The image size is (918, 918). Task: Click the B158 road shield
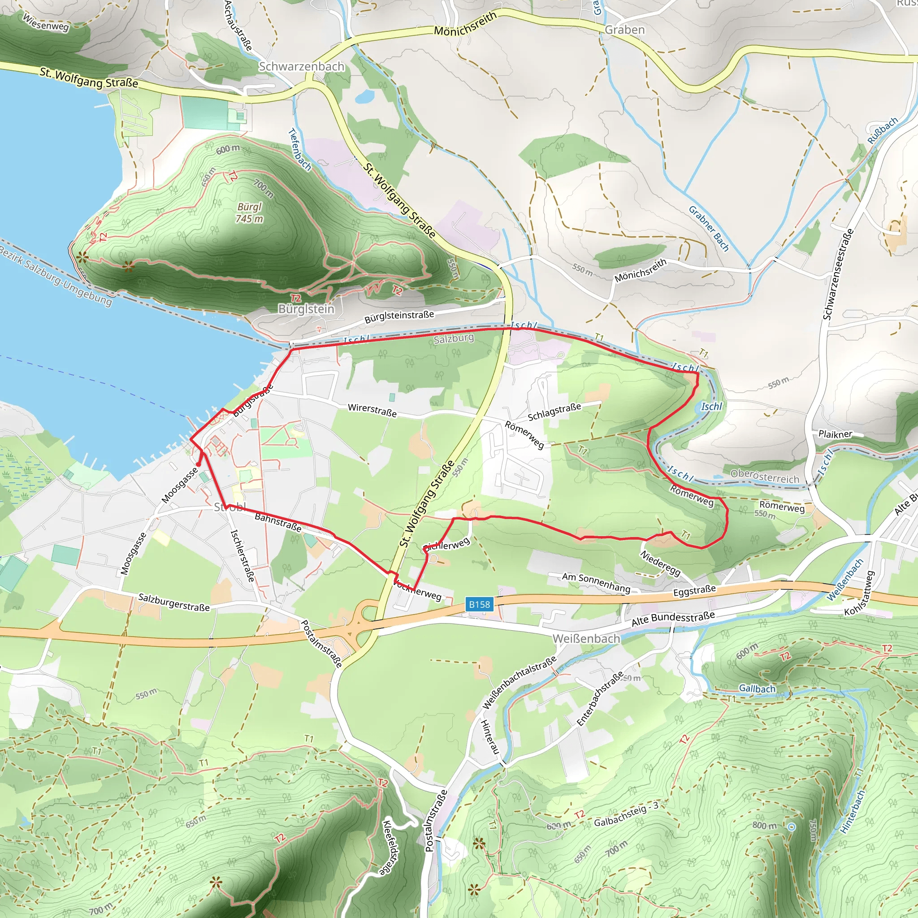pos(479,604)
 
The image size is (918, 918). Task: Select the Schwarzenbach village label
pos(301,66)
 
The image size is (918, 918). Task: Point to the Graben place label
pos(624,30)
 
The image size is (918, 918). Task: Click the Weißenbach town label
pos(586,639)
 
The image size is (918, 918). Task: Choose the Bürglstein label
pos(306,309)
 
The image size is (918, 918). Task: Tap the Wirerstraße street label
pos(372,410)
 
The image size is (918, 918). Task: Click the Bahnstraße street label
pos(278,522)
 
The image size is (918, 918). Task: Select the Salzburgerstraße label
pos(174,602)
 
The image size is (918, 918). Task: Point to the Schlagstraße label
pos(554,412)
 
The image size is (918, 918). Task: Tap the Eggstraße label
pos(694,591)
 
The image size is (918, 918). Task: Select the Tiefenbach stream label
pos(300,150)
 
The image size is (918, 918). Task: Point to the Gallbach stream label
pos(757,688)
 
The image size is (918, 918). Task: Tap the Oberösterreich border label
pos(765,476)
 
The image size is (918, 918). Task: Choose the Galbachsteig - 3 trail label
pos(626,814)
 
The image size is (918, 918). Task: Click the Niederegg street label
pos(660,563)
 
